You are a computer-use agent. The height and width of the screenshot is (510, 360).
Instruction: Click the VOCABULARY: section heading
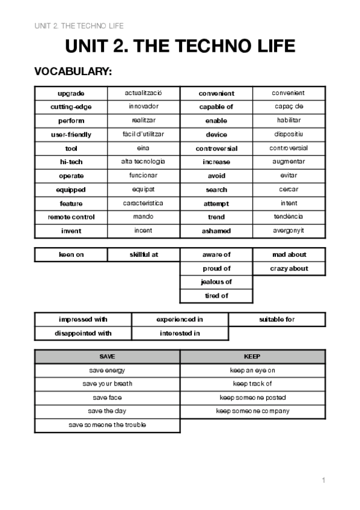(73, 72)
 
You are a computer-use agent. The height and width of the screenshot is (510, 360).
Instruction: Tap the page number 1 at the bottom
(323, 480)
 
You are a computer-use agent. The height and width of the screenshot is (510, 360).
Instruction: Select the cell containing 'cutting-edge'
(71, 107)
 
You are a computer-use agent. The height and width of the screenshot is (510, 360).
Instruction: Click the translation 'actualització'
(144, 93)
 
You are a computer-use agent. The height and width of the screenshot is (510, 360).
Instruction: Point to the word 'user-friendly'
(71, 135)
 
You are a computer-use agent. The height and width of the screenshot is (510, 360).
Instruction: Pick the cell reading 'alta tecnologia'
(144, 162)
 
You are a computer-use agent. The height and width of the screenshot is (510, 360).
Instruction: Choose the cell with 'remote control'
(71, 217)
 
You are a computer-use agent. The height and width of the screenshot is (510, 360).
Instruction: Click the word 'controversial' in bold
(216, 149)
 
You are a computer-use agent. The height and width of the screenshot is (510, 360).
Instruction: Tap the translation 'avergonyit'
(288, 230)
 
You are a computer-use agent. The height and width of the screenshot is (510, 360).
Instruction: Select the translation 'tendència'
(288, 217)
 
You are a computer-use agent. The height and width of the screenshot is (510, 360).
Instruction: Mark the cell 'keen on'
(71, 254)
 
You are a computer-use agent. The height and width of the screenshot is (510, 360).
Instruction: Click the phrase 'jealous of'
(216, 282)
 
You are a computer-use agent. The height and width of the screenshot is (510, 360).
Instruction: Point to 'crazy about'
(288, 268)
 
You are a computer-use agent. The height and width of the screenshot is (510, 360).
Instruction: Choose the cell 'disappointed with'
(83, 333)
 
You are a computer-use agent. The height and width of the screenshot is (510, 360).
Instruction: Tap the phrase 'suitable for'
(276, 319)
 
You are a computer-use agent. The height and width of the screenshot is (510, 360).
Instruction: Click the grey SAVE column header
(107, 357)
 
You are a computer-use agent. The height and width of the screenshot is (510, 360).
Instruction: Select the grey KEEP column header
(252, 357)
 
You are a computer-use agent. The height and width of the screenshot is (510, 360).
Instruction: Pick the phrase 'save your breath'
(107, 384)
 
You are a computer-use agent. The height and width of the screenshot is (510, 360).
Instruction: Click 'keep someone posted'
(252, 398)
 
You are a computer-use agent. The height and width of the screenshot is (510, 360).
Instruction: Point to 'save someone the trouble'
(107, 425)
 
